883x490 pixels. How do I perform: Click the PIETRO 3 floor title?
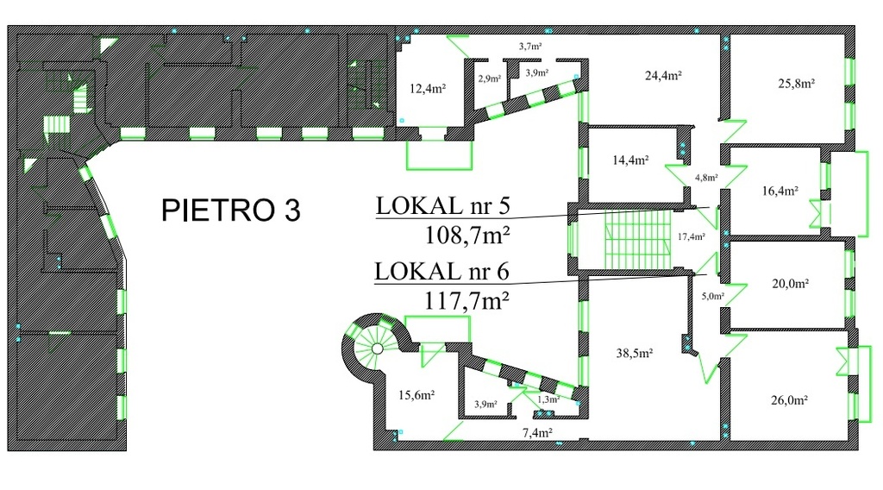[231, 210]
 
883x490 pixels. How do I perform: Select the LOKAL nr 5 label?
[443, 205]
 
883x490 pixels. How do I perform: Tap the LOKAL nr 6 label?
[442, 272]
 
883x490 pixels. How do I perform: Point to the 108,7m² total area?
[467, 235]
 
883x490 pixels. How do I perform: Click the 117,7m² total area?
[467, 300]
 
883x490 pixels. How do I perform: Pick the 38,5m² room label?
[634, 353]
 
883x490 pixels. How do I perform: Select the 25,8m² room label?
[797, 84]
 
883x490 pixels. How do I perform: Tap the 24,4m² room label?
[663, 75]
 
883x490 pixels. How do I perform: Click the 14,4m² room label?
[630, 160]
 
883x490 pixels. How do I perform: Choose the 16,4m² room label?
[780, 191]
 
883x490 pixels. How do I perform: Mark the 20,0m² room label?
[790, 283]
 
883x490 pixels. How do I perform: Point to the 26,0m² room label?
[790, 400]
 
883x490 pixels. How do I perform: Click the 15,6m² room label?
[416, 395]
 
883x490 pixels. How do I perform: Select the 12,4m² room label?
[428, 89]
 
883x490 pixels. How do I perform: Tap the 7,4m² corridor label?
[537, 432]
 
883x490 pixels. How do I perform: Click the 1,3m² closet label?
[548, 399]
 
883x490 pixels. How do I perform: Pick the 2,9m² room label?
[490, 79]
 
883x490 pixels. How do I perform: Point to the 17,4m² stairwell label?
[691, 236]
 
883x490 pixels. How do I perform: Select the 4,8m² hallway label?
[706, 178]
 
